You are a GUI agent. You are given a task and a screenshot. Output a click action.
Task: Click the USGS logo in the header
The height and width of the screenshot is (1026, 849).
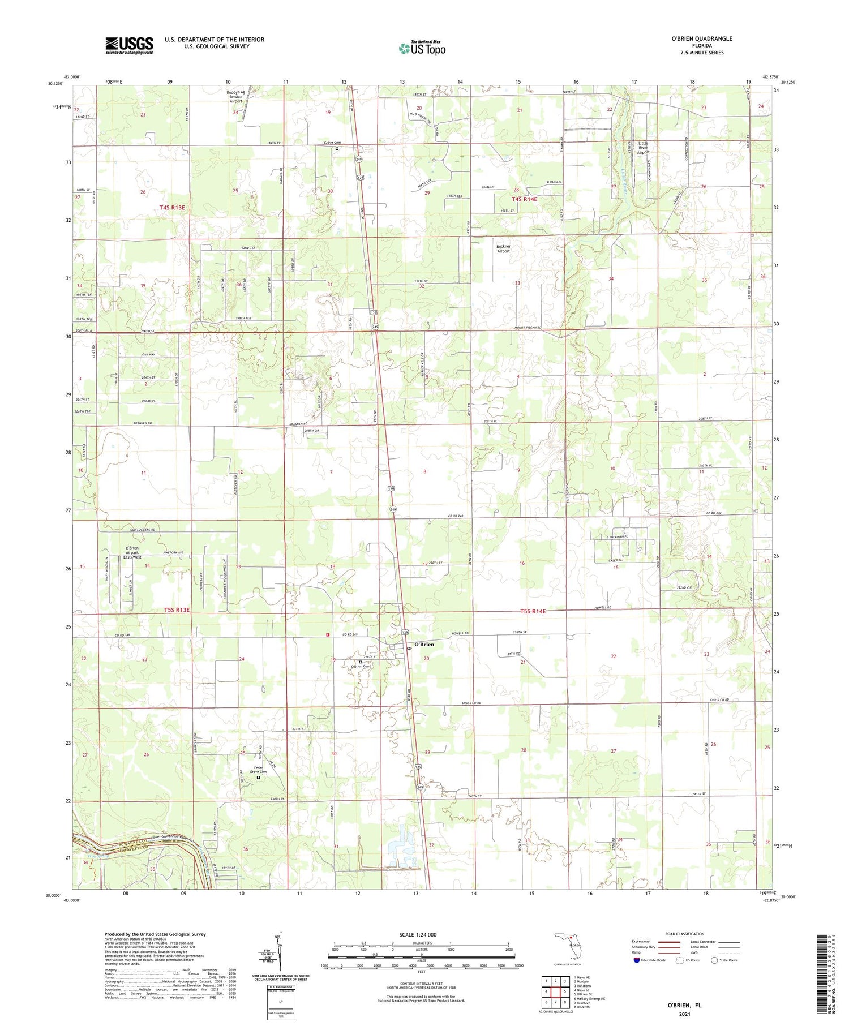129,45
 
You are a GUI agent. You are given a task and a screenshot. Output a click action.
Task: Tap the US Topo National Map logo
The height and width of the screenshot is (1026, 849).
422,48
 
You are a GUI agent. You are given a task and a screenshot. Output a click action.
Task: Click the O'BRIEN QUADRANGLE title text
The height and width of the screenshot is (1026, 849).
701,38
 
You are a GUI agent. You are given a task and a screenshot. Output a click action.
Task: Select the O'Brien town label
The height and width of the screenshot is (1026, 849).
424,644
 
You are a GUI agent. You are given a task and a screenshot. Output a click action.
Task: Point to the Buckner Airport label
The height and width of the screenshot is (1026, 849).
503,249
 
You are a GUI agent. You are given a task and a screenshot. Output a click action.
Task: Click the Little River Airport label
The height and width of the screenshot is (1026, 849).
643,148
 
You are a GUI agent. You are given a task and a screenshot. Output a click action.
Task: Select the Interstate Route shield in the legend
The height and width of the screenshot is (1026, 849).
637,960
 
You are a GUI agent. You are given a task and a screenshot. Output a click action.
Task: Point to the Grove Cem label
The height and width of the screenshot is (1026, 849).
332,143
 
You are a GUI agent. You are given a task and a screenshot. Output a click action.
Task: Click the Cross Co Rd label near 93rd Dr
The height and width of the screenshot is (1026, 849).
469,703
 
